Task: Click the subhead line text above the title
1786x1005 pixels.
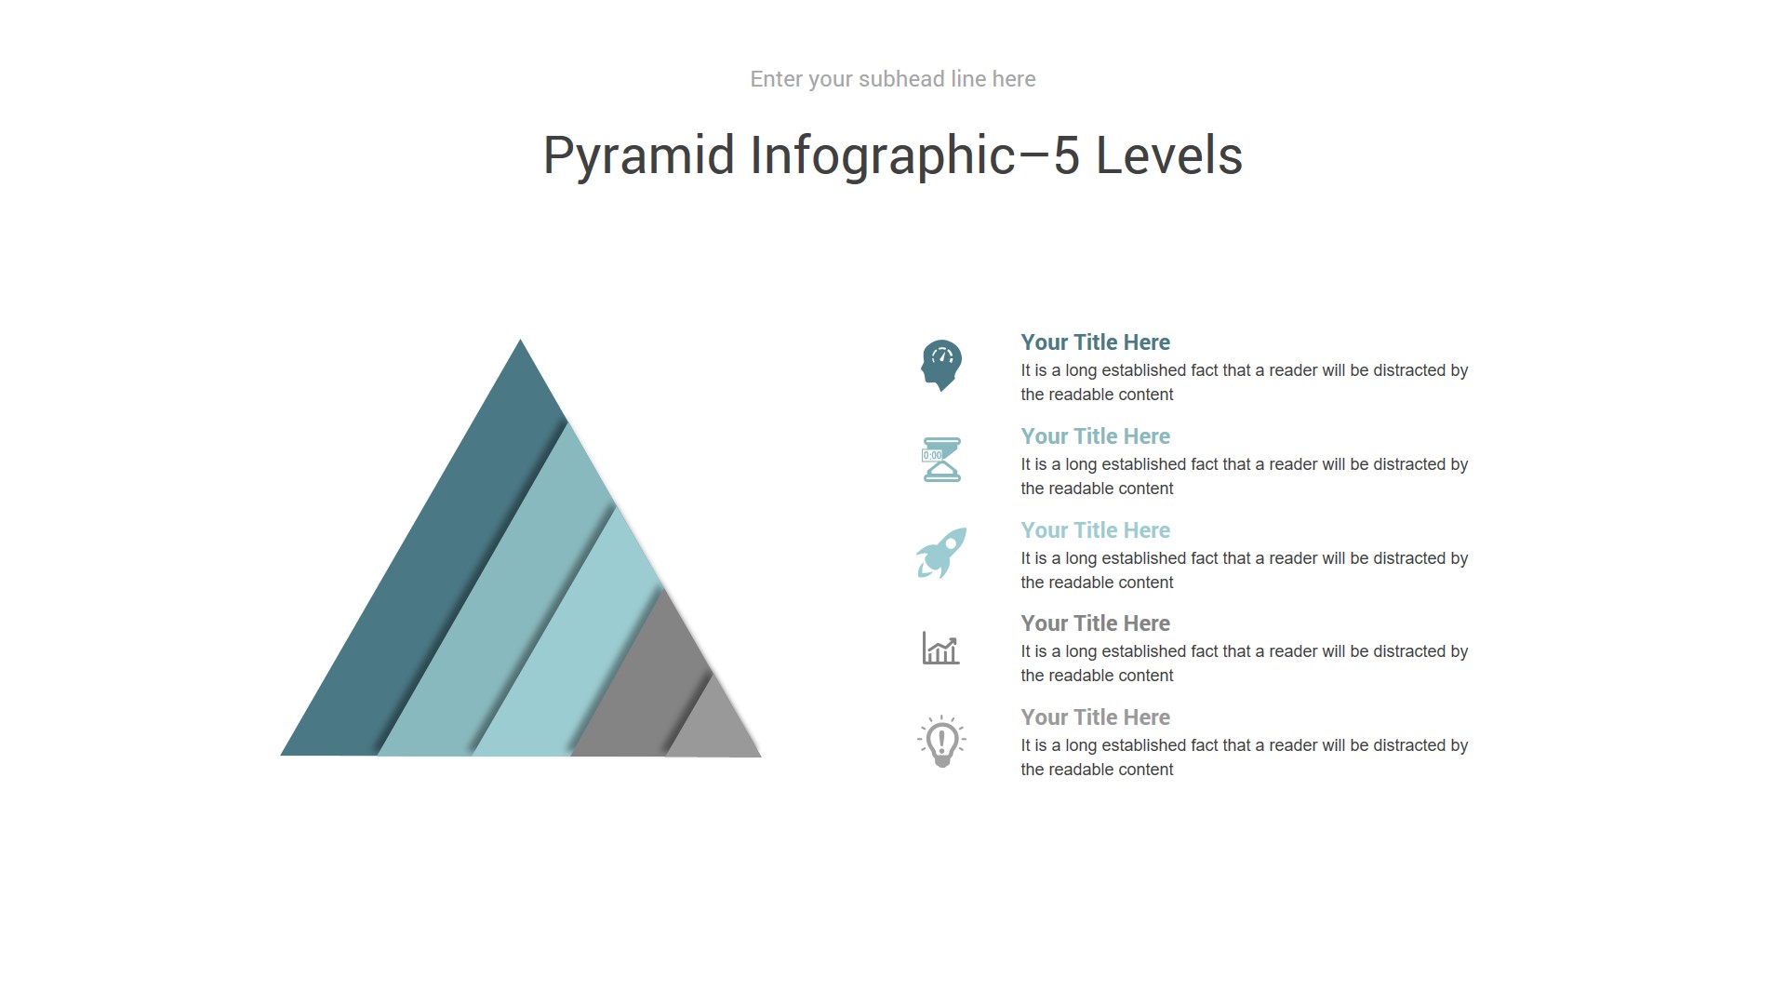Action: tap(893, 79)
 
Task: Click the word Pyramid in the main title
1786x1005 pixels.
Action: tap(639, 155)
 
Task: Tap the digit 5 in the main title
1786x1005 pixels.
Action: tap(1066, 155)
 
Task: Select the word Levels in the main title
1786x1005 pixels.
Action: tap(1169, 155)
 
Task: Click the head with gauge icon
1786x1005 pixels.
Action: tap(941, 365)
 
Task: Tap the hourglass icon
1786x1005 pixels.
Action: tap(941, 460)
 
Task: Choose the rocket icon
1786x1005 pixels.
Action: tap(941, 553)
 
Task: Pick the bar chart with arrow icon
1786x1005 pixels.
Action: tap(940, 648)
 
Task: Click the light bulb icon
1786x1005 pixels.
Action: tap(941, 741)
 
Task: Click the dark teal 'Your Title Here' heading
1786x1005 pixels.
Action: tap(1095, 342)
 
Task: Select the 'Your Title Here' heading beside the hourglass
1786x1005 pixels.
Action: tap(1095, 436)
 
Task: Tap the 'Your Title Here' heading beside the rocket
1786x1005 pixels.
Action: tap(1095, 530)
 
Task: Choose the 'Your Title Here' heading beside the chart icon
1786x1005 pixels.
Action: tap(1095, 623)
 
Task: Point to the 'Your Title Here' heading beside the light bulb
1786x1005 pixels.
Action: tap(1095, 717)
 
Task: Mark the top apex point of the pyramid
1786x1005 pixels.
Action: tap(520, 340)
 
